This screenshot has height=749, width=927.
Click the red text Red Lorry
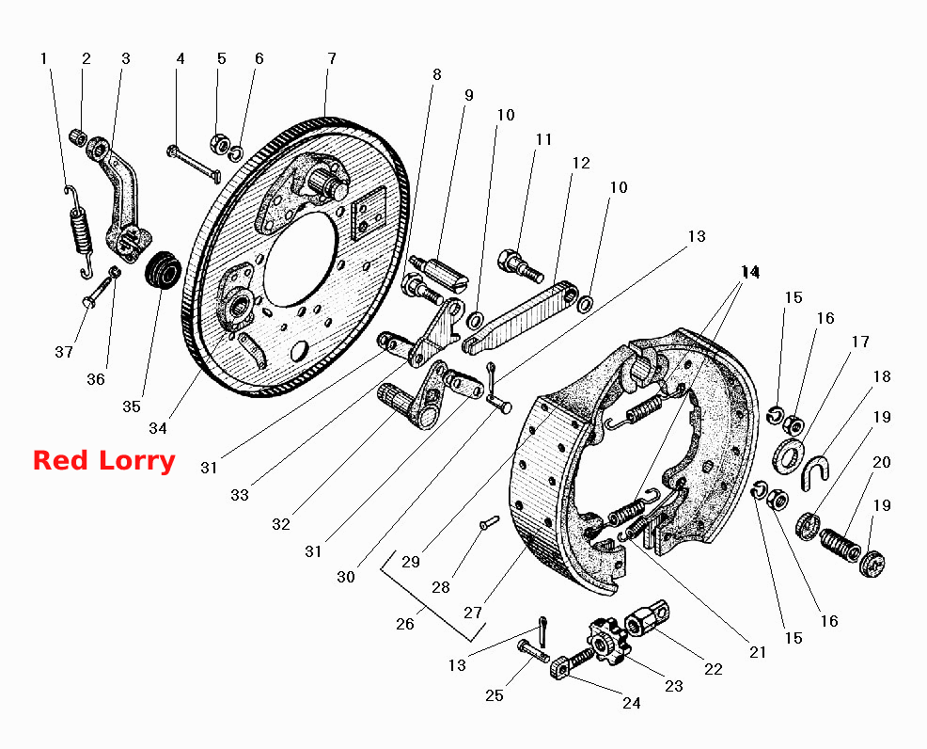pyautogui.click(x=104, y=461)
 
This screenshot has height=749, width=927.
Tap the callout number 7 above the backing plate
pyautogui.click(x=332, y=58)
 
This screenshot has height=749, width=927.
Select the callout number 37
pyautogui.click(x=64, y=352)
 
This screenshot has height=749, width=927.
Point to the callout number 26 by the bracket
pyautogui.click(x=405, y=624)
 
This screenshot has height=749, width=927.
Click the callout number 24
pyautogui.click(x=632, y=703)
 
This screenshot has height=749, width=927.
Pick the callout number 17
pyautogui.click(x=861, y=342)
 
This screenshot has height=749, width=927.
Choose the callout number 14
pyautogui.click(x=750, y=272)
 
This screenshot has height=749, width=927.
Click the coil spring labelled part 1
pyautogui.click(x=80, y=231)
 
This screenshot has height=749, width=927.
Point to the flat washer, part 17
pyautogui.click(x=788, y=456)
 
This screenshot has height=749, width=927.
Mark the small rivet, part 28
pyautogui.click(x=489, y=522)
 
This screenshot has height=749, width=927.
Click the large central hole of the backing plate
pyautogui.click(x=300, y=259)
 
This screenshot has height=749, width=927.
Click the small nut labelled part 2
pyautogui.click(x=78, y=137)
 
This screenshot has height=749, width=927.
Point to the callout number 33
pyautogui.click(x=240, y=495)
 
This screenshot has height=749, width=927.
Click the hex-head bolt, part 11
pyautogui.click(x=520, y=265)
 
